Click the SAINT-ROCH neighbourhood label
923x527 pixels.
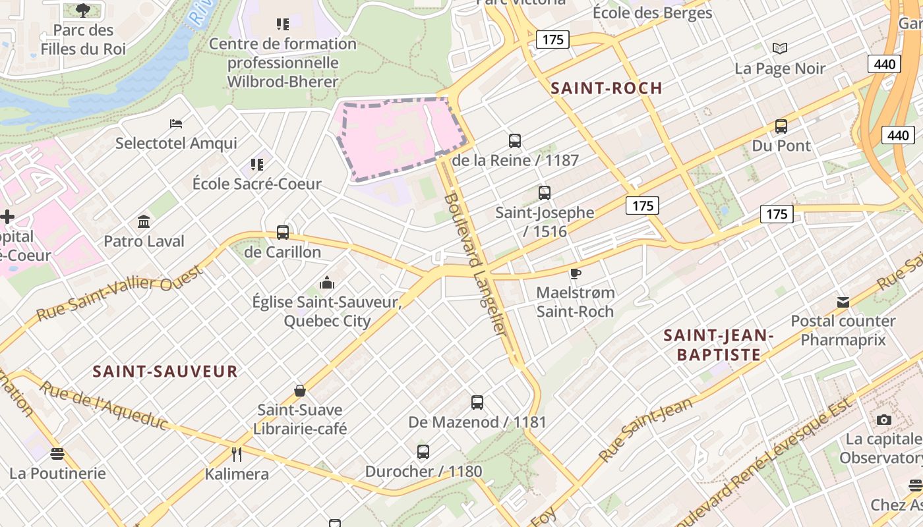tap(607, 88)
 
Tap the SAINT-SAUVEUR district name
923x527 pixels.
tap(165, 372)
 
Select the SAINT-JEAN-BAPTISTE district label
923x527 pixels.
tap(718, 345)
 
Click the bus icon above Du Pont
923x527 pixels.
tap(781, 126)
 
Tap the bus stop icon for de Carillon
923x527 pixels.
tap(283, 232)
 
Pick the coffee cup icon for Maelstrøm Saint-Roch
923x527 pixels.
tap(576, 273)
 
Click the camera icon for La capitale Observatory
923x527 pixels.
tap(883, 420)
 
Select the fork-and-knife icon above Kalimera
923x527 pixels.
tap(237, 454)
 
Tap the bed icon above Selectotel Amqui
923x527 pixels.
tap(176, 123)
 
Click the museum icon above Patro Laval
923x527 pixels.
tap(144, 221)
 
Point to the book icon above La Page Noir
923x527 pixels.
tap(780, 48)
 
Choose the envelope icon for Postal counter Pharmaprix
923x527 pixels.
tap(843, 302)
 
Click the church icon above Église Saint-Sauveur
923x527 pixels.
tap(327, 283)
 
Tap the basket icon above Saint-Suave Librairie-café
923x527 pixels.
tap(300, 391)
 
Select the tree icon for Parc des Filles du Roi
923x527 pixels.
tap(83, 10)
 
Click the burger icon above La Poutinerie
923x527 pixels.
tap(57, 453)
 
